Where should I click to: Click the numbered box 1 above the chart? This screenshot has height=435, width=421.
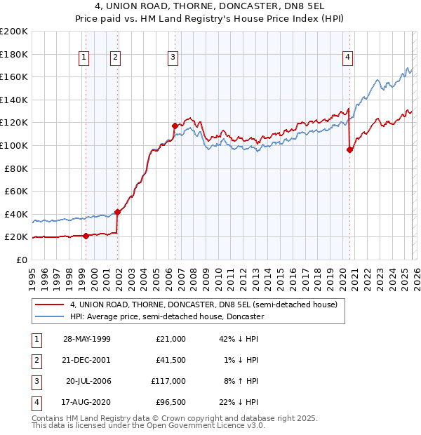(84, 58)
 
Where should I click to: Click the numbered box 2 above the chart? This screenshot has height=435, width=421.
(115, 58)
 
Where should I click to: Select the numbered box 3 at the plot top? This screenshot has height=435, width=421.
(173, 58)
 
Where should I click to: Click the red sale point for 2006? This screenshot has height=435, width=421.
(175, 126)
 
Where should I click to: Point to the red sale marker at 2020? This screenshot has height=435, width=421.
(349, 149)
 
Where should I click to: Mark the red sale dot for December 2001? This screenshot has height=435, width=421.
(117, 212)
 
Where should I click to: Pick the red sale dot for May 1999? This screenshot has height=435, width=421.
(86, 236)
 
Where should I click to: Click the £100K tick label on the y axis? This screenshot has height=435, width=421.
(14, 145)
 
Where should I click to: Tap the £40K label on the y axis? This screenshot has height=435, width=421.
(17, 214)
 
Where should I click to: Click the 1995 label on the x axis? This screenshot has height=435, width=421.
(32, 274)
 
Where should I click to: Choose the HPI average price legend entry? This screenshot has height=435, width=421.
(166, 316)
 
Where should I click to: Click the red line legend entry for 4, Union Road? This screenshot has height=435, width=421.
(203, 304)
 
